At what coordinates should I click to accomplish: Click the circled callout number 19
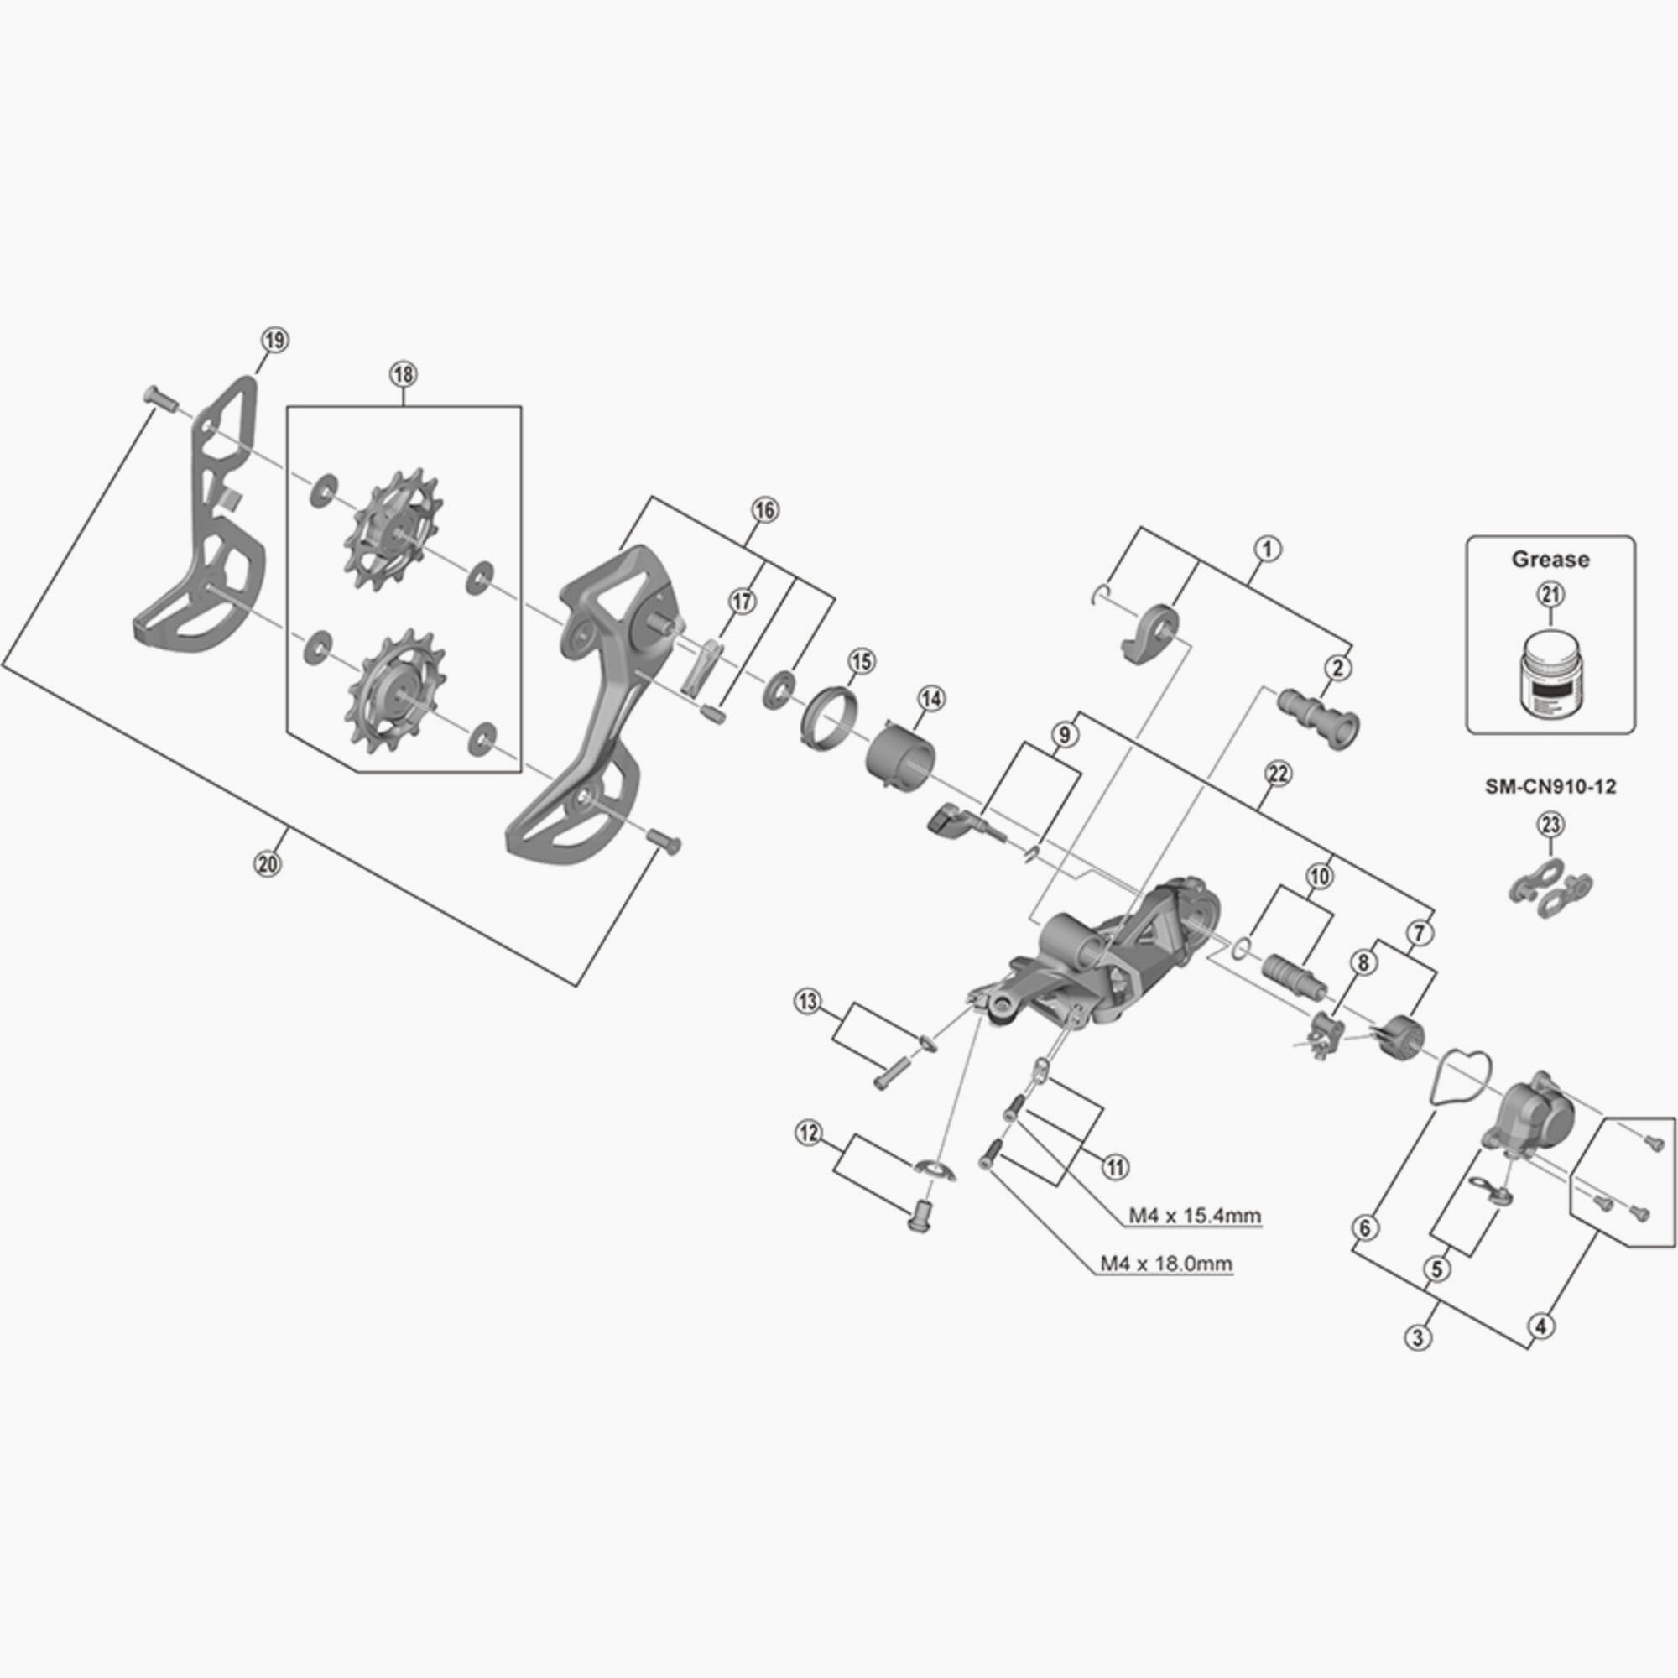pyautogui.click(x=274, y=341)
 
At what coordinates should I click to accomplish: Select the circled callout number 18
pyautogui.click(x=403, y=375)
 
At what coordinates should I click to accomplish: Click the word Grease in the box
pyautogui.click(x=1551, y=560)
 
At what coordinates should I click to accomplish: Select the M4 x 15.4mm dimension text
pyautogui.click(x=1194, y=1215)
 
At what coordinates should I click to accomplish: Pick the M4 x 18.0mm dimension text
pyautogui.click(x=1165, y=1264)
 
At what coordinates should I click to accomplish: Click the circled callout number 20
pyautogui.click(x=268, y=863)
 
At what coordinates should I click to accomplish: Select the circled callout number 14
pyautogui.click(x=932, y=697)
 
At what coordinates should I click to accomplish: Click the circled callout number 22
pyautogui.click(x=1278, y=774)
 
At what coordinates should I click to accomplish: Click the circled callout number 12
pyautogui.click(x=809, y=1133)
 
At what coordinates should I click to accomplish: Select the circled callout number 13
pyautogui.click(x=807, y=1003)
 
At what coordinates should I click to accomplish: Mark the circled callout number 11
pyautogui.click(x=1115, y=1167)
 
